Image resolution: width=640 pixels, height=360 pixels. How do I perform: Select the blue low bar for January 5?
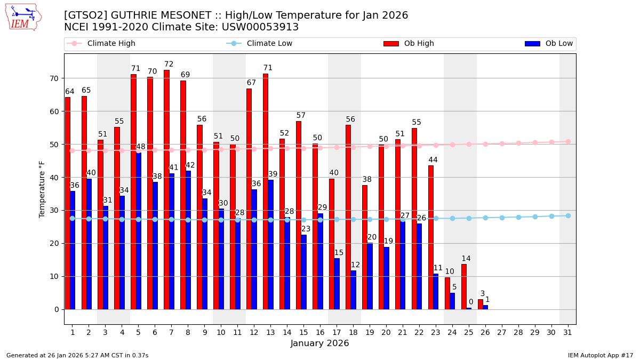139,230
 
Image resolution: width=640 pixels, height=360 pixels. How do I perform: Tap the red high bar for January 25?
464,286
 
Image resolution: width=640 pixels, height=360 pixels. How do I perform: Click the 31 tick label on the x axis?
568,332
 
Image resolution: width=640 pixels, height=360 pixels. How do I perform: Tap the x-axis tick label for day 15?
303,332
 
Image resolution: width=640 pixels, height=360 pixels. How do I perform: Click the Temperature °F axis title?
43,189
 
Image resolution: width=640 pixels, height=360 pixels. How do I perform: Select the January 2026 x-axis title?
319,343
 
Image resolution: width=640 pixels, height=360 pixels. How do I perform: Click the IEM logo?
23,17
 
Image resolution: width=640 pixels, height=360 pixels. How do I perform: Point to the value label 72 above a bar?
169,65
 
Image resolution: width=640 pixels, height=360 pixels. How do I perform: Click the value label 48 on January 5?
141,147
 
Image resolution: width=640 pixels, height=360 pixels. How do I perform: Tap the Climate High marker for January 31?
568,141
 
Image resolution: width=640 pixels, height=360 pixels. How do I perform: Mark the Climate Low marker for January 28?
518,217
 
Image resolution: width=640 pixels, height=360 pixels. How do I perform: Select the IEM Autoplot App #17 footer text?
600,355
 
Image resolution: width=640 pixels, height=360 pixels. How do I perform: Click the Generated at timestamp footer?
77,355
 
